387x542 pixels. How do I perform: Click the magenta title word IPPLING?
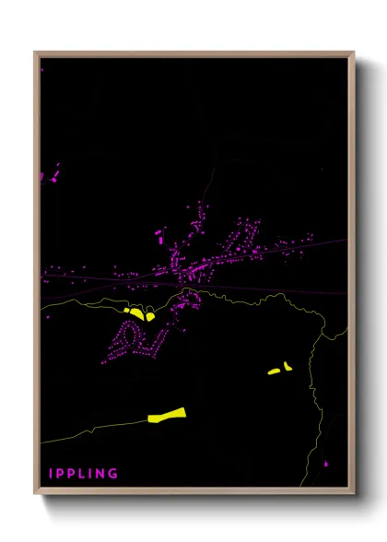(83, 474)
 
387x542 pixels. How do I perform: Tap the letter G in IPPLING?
(113, 474)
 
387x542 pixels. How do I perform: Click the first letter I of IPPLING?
(52, 474)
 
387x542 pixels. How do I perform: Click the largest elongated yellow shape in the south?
(167, 416)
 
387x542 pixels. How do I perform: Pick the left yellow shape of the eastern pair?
(274, 371)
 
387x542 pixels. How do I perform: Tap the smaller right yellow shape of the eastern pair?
(287, 366)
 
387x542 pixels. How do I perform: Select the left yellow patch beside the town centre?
(135, 314)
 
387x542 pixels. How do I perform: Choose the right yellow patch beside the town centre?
(149, 316)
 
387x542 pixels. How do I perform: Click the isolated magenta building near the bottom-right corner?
(325, 464)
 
